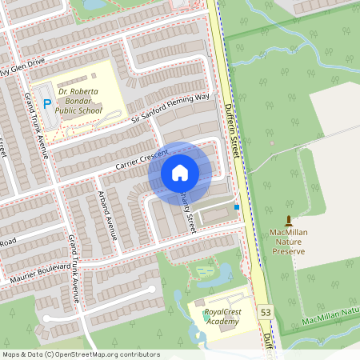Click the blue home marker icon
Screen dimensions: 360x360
coord(180,172)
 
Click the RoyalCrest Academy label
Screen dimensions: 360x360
coord(222,317)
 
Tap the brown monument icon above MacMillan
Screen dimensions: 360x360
coord(289,220)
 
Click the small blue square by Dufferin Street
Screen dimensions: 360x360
coord(237,207)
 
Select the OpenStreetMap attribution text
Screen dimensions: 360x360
coord(81,354)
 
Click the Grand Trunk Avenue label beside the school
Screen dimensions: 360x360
coord(37,123)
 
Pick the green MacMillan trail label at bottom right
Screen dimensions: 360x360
coord(330,317)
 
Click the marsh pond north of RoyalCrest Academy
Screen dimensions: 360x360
coord(206,273)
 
